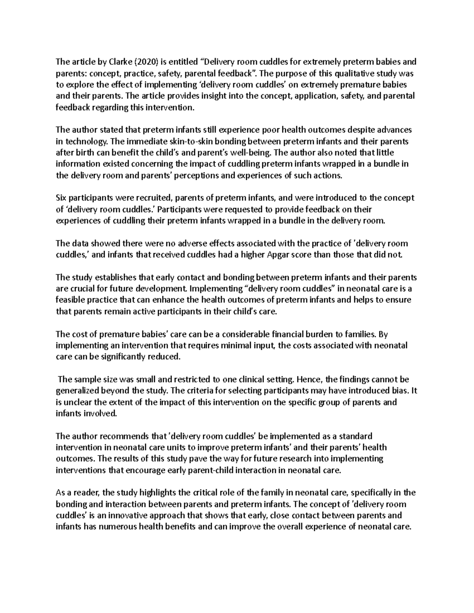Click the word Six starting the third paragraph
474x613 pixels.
[62, 198]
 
